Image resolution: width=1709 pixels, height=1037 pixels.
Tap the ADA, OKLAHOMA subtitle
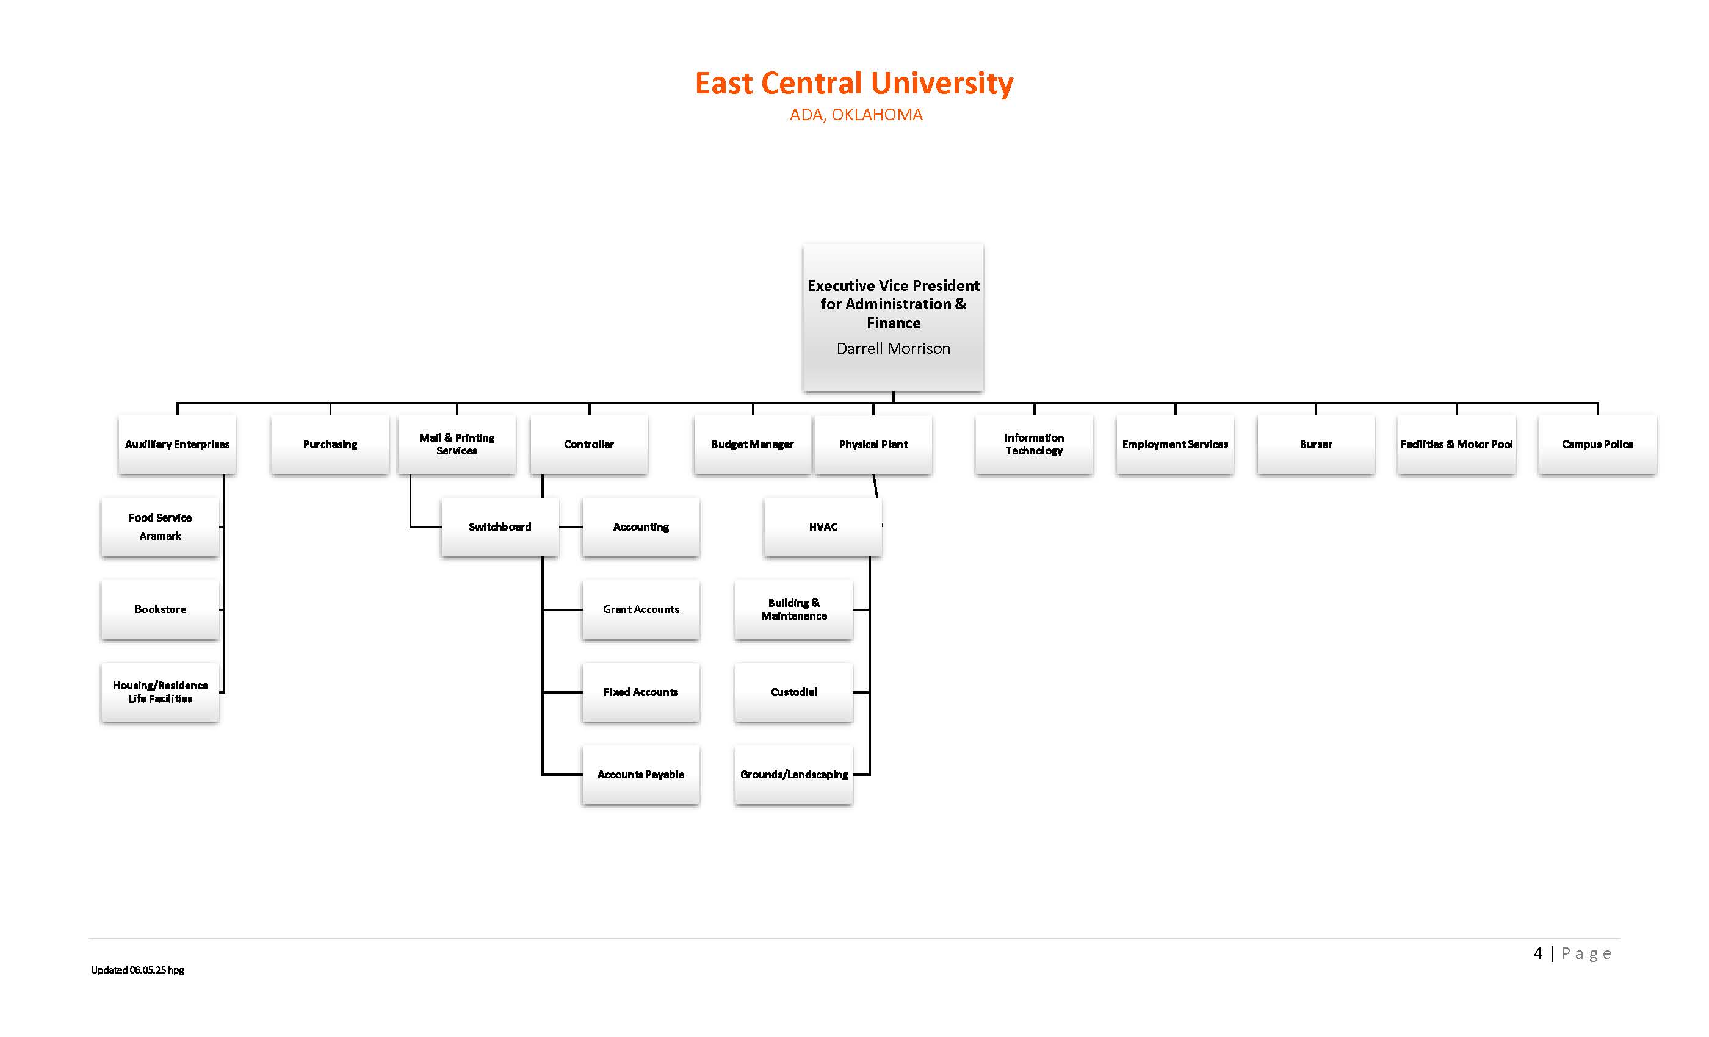coord(856,115)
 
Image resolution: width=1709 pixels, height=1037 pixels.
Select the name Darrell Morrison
coord(892,349)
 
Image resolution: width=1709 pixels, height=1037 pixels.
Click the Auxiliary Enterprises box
coord(177,444)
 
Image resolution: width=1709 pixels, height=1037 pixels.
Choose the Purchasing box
coord(330,444)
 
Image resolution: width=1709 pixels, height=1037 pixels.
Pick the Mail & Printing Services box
coord(457,444)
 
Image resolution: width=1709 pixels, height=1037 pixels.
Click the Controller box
coord(589,444)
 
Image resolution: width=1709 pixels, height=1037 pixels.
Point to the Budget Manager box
coord(753,444)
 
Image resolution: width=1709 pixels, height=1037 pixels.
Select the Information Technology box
coord(1033,444)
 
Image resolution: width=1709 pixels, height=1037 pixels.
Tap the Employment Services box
coord(1175,444)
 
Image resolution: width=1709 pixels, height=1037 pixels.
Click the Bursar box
coord(1316,444)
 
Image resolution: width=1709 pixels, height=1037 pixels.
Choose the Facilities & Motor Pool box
coord(1456,444)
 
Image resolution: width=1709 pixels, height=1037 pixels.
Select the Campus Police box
coord(1597,444)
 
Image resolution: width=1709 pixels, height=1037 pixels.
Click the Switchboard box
coord(499,527)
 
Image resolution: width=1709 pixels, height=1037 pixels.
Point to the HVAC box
coord(823,527)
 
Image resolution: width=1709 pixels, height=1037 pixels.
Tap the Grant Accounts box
coord(641,609)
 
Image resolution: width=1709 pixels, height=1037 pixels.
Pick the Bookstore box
coord(160,609)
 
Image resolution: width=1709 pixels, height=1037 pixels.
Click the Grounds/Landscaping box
coord(793,774)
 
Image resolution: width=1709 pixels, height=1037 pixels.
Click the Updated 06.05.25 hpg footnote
coord(137,970)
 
